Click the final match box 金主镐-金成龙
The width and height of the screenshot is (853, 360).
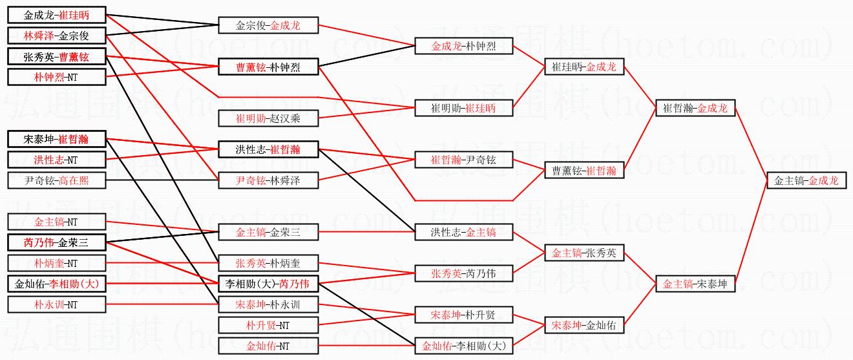[x=806, y=181]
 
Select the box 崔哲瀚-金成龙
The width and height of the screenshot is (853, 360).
[x=695, y=109]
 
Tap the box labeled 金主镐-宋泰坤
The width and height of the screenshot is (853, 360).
[x=695, y=283]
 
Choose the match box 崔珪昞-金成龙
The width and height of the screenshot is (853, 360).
[x=584, y=67]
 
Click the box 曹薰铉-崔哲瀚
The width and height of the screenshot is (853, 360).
[x=584, y=171]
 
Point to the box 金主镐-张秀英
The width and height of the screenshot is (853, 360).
[x=584, y=253]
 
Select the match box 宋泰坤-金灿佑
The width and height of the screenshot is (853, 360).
[x=584, y=326]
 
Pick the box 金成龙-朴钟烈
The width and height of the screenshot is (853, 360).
[x=463, y=46]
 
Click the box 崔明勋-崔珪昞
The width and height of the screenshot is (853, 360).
[x=463, y=108]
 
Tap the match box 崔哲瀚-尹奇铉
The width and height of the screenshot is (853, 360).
[x=463, y=160]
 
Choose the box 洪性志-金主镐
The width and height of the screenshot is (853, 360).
[x=463, y=232]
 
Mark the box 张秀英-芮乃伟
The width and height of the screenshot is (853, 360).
[x=463, y=273]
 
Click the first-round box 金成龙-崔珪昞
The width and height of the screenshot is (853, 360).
[x=57, y=15]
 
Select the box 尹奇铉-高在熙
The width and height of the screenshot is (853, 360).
[x=57, y=180]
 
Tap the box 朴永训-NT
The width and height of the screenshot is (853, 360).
[x=57, y=304]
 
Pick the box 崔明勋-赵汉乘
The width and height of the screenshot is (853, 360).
[x=268, y=118]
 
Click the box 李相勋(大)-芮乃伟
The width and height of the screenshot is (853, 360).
[x=268, y=284]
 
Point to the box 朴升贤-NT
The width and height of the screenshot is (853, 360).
[x=268, y=325]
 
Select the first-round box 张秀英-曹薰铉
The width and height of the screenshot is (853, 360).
[x=57, y=56]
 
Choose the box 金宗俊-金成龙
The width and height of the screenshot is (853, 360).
[x=268, y=26]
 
